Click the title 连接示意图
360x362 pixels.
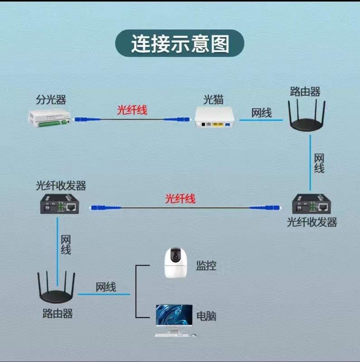(x=180, y=44)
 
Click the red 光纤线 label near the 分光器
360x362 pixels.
(x=132, y=110)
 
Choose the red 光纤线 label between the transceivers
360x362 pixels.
(x=180, y=198)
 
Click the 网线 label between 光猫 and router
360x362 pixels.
(x=261, y=113)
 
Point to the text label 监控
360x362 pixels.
(x=206, y=266)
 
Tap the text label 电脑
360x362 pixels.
(x=206, y=315)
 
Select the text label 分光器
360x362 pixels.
(x=47, y=100)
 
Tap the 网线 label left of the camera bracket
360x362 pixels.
(x=105, y=286)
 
